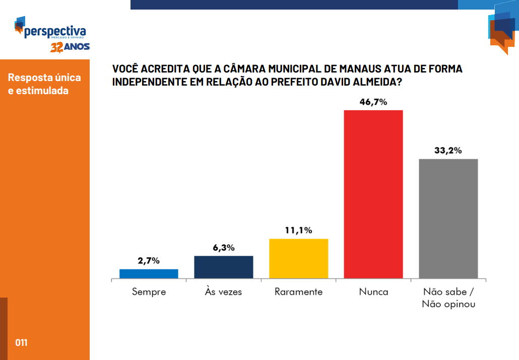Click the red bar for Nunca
click(373, 194)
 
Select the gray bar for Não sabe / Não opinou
click(448, 219)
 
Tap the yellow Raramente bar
click(299, 258)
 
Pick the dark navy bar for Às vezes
click(224, 267)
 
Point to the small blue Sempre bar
click(149, 273)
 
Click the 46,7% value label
click(373, 102)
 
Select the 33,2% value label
click(448, 151)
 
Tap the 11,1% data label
click(299, 231)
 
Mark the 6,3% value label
click(224, 248)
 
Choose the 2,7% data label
click(149, 261)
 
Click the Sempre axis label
click(149, 292)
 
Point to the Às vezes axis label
click(224, 292)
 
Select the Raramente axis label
click(299, 292)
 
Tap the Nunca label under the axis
click(373, 292)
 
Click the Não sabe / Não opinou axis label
click(448, 298)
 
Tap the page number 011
click(21, 343)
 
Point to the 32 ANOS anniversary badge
click(70, 47)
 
